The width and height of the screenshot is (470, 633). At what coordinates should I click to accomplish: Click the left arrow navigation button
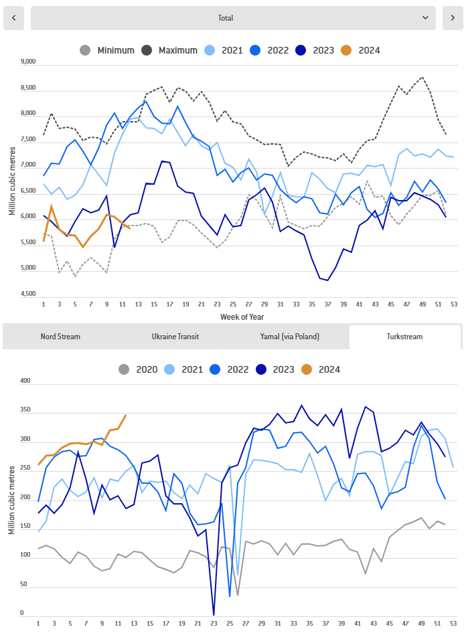pos(14,18)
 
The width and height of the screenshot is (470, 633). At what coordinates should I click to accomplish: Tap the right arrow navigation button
pos(453,18)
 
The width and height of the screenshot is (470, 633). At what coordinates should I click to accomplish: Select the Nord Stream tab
pos(60,337)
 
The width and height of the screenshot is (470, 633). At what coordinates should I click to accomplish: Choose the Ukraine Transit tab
pos(175,337)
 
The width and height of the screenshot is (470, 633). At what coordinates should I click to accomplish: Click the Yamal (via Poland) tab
pos(291,337)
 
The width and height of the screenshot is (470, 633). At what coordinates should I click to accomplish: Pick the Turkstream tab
pos(404,337)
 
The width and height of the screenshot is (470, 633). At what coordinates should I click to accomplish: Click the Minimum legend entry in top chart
pos(107,50)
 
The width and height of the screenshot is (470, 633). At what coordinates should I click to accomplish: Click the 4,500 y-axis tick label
pos(27,294)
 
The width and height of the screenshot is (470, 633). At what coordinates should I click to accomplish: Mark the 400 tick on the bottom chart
pos(26,381)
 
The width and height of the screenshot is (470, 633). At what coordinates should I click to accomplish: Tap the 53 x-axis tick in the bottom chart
pos(453,622)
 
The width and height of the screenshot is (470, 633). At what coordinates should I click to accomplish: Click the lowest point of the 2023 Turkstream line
pos(214,614)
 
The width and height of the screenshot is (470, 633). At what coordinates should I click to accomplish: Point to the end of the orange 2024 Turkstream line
pos(126,416)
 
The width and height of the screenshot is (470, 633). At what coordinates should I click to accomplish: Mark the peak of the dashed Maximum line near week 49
pos(422,77)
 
